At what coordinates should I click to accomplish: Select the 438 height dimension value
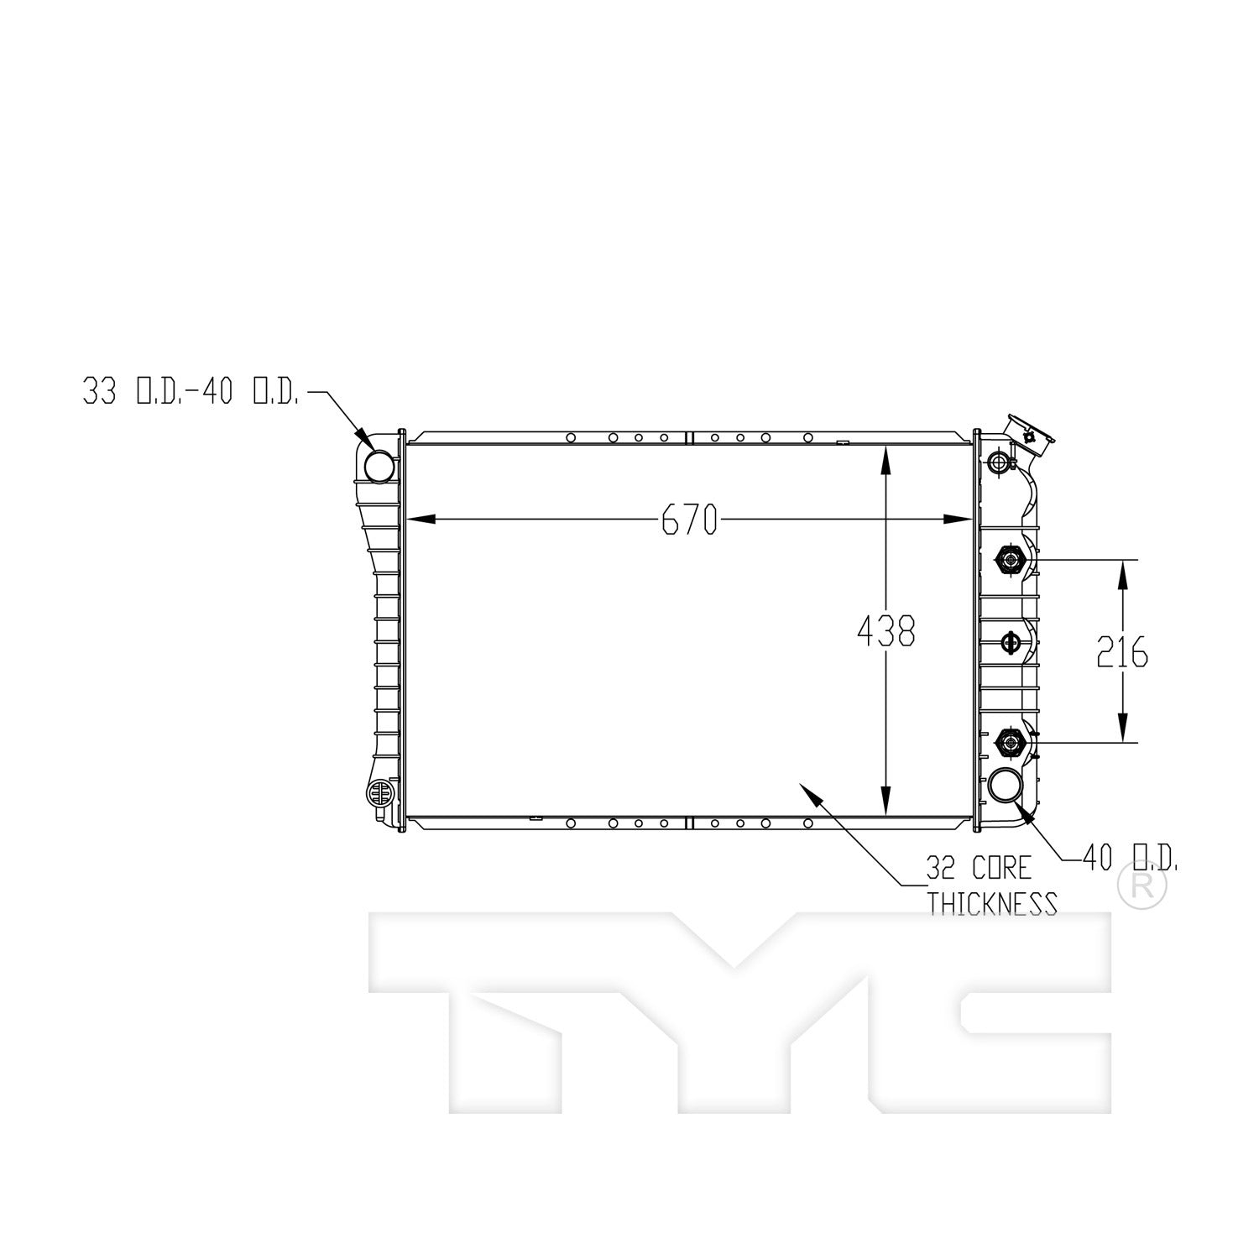(x=885, y=631)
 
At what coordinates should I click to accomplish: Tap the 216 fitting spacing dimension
(x=1122, y=652)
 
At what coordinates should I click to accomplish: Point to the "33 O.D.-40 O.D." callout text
(x=191, y=393)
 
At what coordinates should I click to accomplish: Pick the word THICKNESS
(x=991, y=904)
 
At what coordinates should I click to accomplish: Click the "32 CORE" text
(x=978, y=867)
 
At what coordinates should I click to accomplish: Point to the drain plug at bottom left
(x=379, y=792)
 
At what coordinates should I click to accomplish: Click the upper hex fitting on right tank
(x=1008, y=558)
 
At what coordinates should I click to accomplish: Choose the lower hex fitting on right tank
(x=1008, y=742)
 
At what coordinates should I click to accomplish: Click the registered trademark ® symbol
(x=1142, y=888)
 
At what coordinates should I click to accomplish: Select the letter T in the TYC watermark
(x=504, y=1007)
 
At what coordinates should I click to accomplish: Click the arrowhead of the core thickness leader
(x=808, y=791)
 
